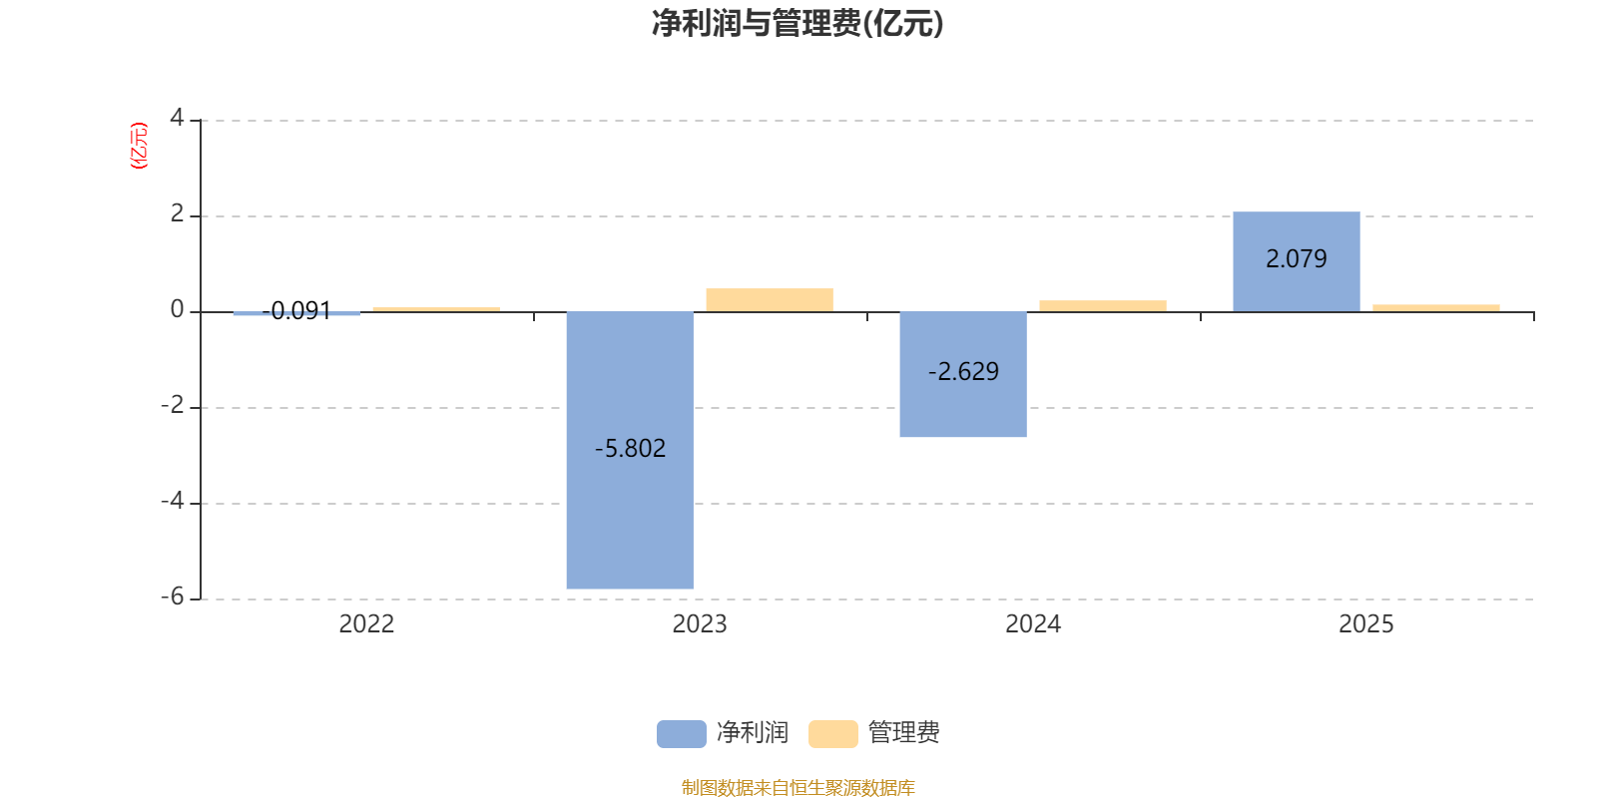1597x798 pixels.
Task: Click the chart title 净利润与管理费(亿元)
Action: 797,23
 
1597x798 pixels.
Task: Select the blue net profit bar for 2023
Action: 630,519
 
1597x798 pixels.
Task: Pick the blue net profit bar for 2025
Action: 1296,289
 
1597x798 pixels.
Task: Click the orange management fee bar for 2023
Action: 769,300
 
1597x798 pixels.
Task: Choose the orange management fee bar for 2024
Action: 1102,306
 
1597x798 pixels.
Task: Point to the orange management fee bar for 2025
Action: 1435,308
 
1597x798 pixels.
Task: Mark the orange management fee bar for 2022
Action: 436,309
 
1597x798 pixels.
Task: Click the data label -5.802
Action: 630,449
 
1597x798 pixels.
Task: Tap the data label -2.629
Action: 963,372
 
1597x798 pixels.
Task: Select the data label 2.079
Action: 1296,259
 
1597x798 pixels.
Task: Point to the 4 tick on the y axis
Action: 177,119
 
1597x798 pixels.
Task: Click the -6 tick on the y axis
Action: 173,597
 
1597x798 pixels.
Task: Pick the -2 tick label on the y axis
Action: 173,405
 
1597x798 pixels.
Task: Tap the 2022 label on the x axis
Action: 366,624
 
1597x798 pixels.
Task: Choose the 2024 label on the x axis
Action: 1033,624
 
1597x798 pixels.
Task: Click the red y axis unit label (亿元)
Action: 139,146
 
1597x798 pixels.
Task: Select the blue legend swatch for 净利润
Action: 681,733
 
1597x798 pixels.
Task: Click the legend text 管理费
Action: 903,733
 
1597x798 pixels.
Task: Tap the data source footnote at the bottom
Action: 798,788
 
